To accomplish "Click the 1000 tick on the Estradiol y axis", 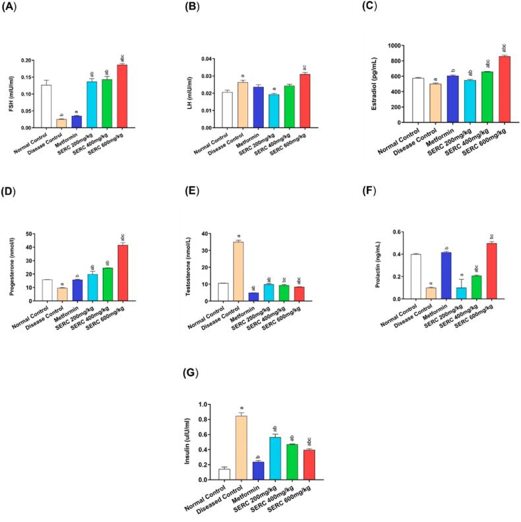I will [396, 46].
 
